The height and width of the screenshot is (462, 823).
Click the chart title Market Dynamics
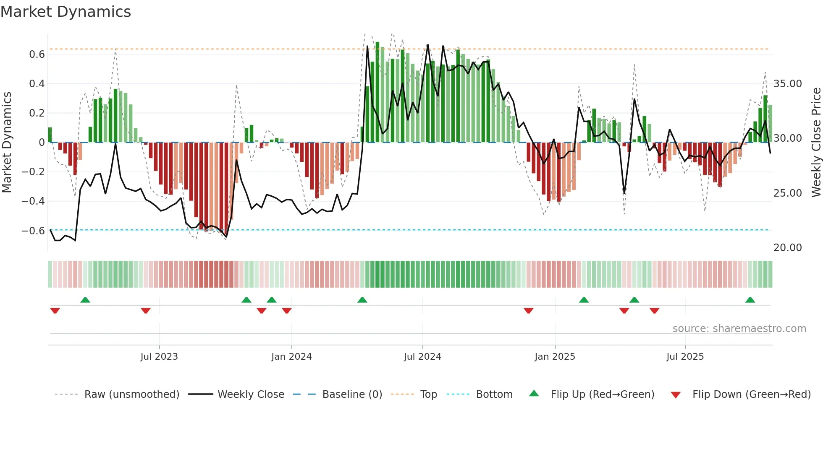66,12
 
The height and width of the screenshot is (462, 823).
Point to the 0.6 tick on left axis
37,55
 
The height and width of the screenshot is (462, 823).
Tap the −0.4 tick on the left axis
33,201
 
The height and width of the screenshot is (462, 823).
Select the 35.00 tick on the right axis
788,84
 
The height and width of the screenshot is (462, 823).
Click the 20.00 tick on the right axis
788,248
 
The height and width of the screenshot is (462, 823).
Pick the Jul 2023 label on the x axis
159,357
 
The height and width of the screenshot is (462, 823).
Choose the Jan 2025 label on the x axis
555,357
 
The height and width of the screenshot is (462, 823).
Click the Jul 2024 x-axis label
422,357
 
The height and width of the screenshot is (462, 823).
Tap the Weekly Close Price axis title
816,143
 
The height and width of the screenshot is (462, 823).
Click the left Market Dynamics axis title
7,143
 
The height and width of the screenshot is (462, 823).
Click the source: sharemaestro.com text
739,329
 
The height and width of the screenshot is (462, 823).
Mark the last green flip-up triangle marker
750,300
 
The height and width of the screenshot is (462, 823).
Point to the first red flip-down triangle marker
55,311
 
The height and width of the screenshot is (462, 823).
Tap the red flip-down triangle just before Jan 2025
528,311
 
